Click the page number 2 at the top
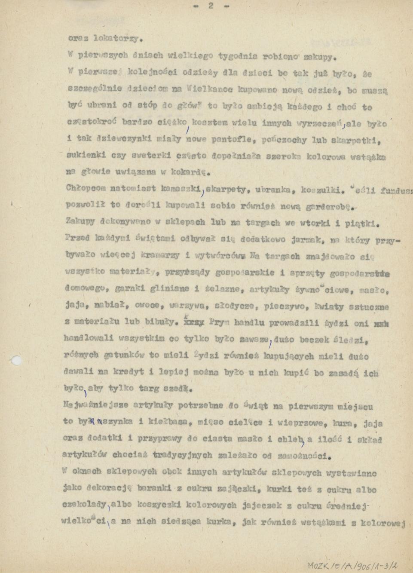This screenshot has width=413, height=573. point(211,6)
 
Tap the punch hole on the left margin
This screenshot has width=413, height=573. point(16,360)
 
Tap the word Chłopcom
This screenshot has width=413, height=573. point(84,188)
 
